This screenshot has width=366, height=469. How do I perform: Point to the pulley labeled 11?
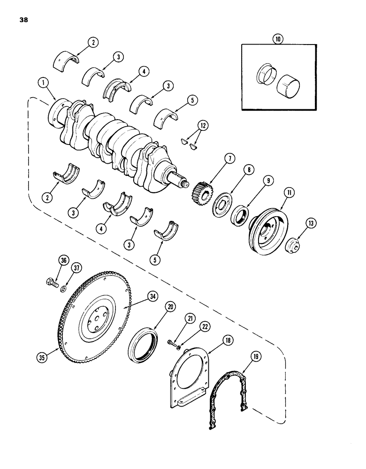(264, 226)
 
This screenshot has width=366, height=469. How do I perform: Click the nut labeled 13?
(295, 245)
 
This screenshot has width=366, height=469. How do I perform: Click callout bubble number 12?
(202, 127)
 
